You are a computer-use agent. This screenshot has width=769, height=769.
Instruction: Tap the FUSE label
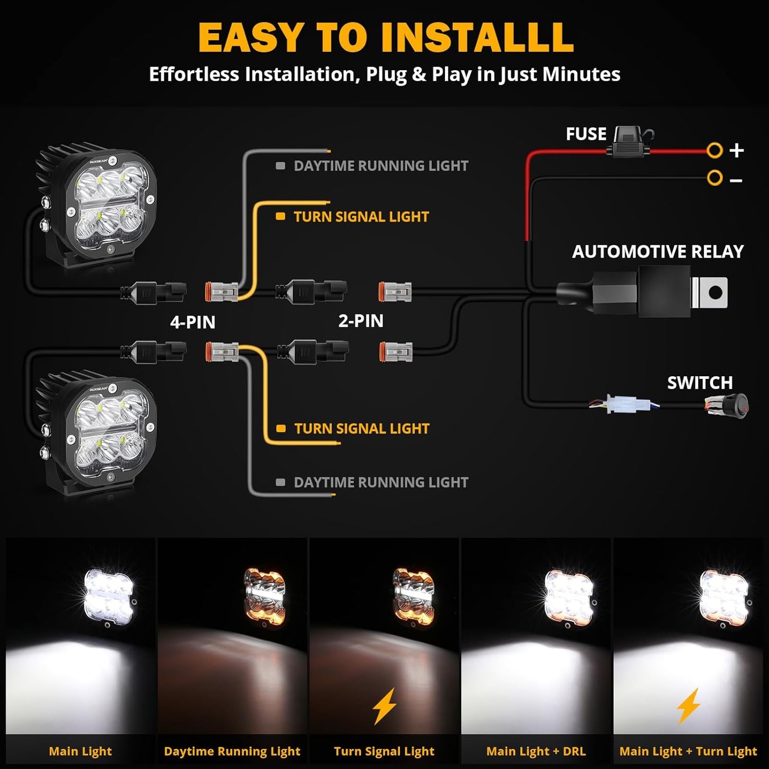click(x=585, y=134)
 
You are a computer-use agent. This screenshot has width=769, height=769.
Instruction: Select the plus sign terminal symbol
click(x=737, y=151)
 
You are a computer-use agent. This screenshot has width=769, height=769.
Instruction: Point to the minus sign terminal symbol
click(x=736, y=181)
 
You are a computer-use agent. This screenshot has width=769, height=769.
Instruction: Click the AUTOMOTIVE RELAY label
click(x=658, y=251)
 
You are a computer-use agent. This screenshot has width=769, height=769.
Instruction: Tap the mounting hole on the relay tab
click(x=715, y=292)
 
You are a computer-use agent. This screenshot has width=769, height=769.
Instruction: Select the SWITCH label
click(x=699, y=382)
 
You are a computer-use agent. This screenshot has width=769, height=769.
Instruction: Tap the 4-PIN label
click(x=193, y=322)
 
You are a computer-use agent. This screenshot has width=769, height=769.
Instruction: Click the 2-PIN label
click(x=360, y=320)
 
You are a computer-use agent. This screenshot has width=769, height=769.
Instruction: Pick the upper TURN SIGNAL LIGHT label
click(x=361, y=217)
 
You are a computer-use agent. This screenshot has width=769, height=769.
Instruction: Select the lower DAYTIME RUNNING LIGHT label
click(x=381, y=482)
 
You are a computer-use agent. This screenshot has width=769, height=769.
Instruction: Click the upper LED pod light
click(x=101, y=205)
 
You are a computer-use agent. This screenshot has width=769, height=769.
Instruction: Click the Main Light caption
click(x=80, y=751)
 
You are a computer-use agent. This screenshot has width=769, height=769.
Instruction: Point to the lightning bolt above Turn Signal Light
click(x=384, y=706)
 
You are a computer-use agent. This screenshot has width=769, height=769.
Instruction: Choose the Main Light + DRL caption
click(x=535, y=751)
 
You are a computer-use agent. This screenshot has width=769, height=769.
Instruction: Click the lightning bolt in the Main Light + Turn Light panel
click(x=688, y=706)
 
